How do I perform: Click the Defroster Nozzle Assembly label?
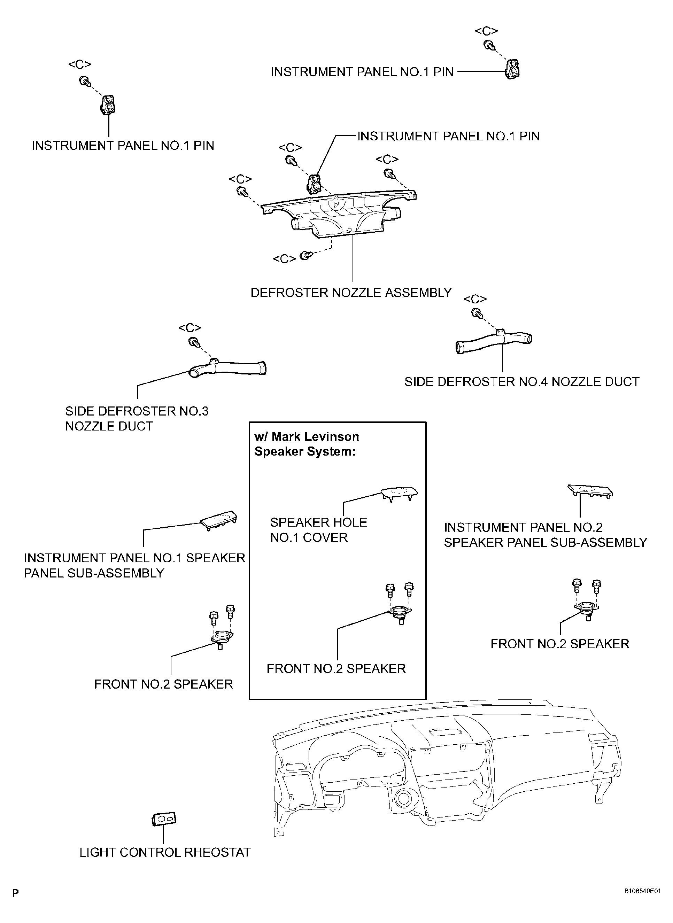[351, 293]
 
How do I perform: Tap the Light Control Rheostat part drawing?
[164, 819]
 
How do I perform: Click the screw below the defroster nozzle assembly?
[305, 255]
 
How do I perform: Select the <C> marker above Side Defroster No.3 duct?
[190, 328]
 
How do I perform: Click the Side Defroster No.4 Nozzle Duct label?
[522, 382]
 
